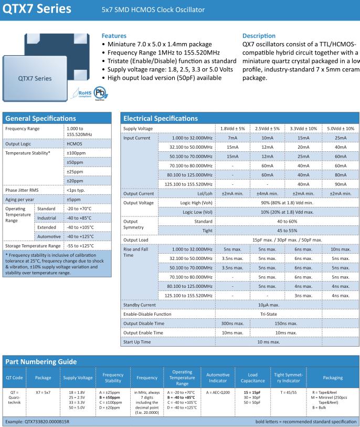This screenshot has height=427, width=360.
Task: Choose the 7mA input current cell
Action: click(230, 138)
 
